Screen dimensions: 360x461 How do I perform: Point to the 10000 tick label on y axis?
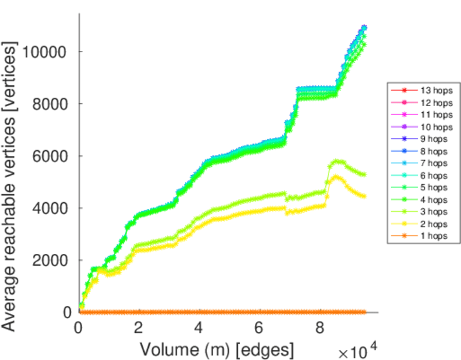point(44,52)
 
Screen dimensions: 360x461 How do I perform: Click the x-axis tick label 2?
point(139,327)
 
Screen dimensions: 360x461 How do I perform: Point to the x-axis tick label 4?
point(199,327)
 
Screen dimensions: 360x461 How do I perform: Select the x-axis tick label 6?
point(259,327)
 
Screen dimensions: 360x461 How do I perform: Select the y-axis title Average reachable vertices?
point(10,186)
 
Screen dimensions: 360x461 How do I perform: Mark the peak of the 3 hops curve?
point(337,161)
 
